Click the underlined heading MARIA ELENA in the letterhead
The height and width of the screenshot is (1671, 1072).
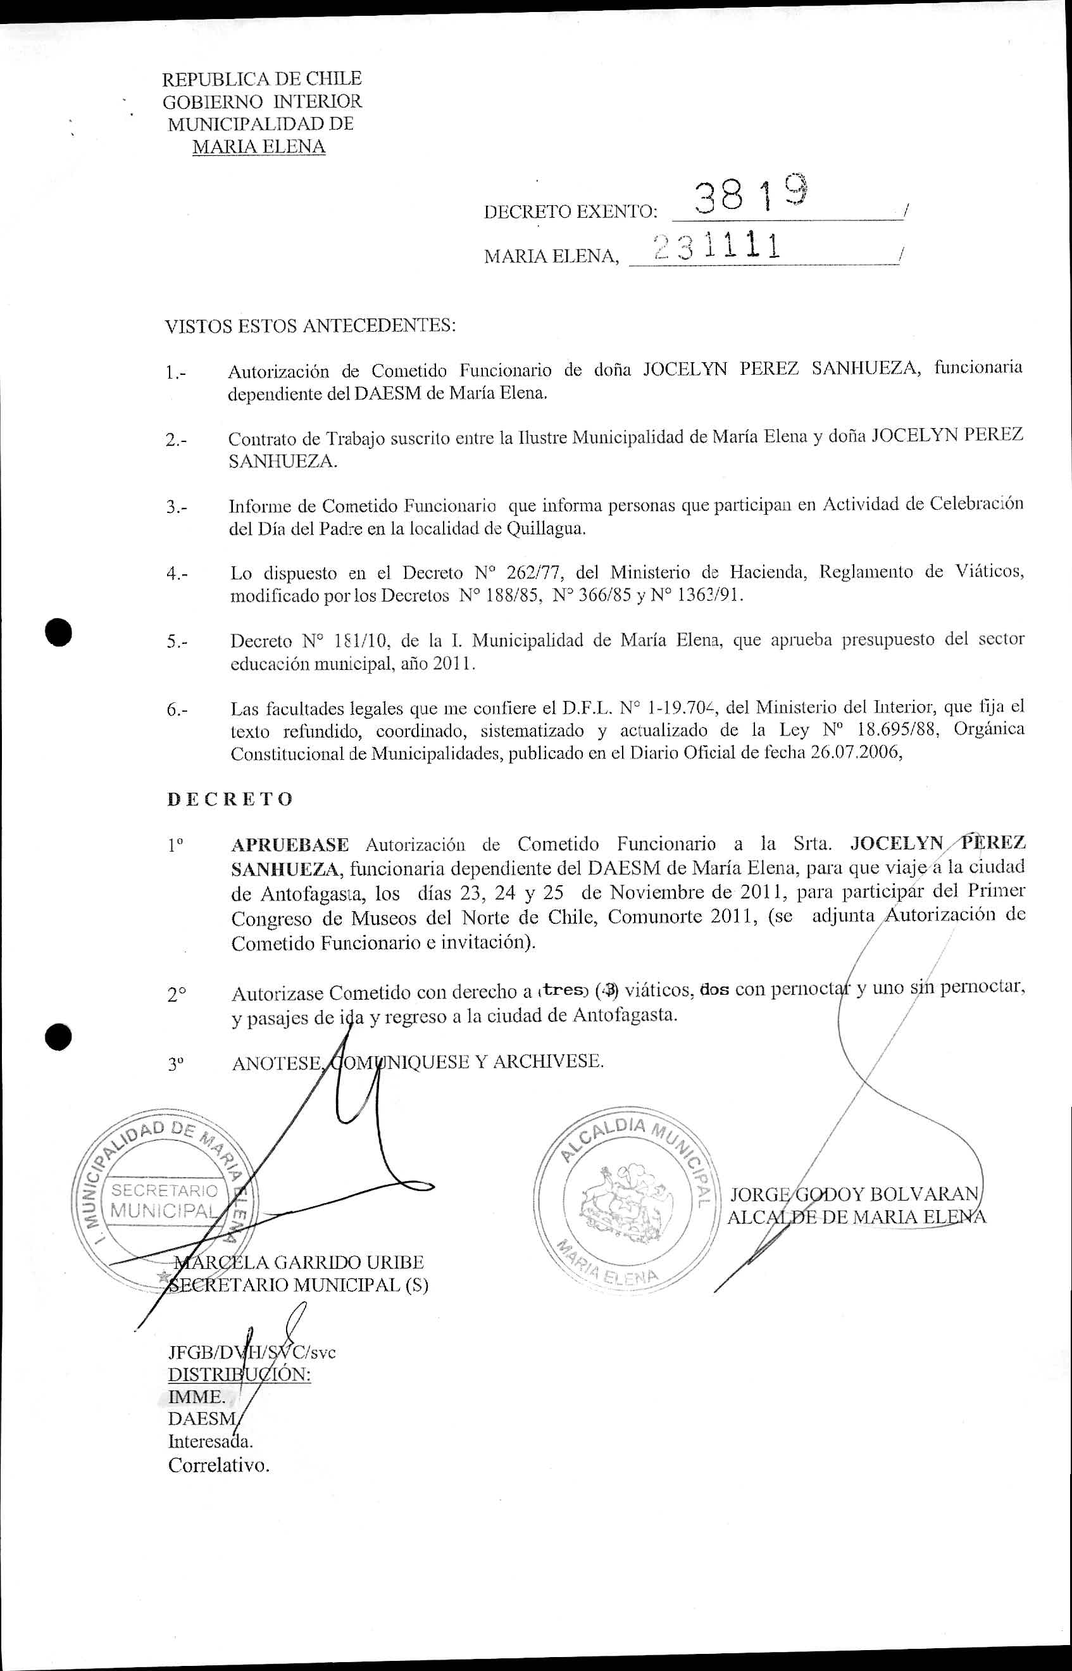click(x=259, y=147)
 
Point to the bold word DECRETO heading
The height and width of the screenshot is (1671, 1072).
click(x=230, y=799)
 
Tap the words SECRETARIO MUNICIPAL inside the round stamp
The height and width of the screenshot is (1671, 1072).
click(x=165, y=1200)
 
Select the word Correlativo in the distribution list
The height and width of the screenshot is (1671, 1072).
click(x=218, y=1465)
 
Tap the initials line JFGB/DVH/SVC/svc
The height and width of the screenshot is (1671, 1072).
click(x=251, y=1353)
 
